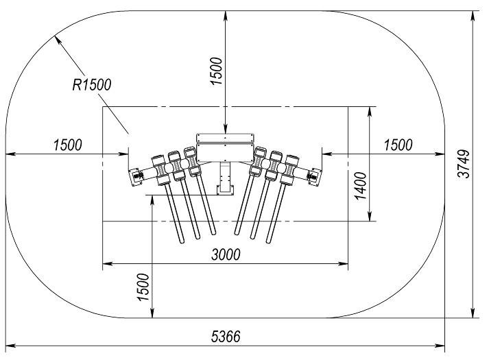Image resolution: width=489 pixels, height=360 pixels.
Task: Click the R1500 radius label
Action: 91,84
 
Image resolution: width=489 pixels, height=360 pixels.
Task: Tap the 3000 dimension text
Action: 225,254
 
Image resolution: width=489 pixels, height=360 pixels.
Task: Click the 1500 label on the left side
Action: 67,145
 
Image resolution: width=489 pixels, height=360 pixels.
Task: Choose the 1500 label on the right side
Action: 398,145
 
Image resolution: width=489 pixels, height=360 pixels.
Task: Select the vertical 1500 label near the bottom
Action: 142,289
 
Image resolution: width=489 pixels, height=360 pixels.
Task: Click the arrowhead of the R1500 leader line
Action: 58,38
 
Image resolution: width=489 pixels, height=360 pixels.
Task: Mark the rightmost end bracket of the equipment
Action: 316,175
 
